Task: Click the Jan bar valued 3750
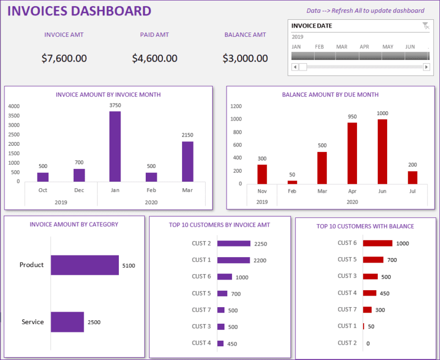pos(115,146)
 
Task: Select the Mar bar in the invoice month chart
pos(188,161)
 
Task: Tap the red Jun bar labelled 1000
pos(382,151)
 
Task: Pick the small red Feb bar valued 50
pos(292,182)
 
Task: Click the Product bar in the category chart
pos(85,265)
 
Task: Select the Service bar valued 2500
pos(67,322)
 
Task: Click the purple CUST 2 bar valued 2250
pos(234,243)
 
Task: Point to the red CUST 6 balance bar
pos(378,243)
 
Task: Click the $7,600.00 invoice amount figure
pos(64,58)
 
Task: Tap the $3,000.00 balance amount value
pos(245,58)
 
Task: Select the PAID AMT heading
pos(155,35)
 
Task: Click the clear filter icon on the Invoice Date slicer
pos(425,26)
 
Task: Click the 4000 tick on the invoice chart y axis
pos(14,106)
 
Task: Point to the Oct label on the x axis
pos(42,190)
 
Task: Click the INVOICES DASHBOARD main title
pos(79,11)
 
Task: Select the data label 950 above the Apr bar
pos(352,117)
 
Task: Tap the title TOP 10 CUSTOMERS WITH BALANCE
pos(365,226)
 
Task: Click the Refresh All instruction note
pos(365,10)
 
